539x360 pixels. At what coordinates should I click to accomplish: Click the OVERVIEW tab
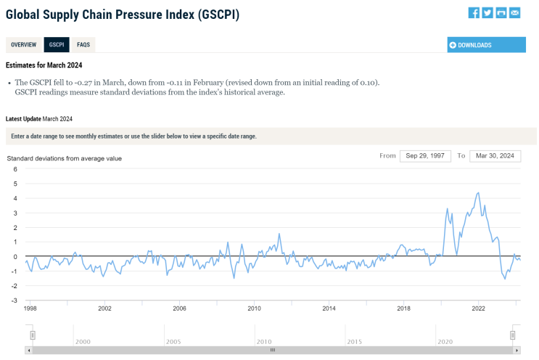click(x=23, y=45)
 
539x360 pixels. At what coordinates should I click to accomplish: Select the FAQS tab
click(x=83, y=45)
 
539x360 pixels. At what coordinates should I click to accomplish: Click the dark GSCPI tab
click(x=57, y=45)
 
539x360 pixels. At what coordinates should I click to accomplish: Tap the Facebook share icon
click(x=474, y=13)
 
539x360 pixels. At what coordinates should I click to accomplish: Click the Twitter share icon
click(x=487, y=13)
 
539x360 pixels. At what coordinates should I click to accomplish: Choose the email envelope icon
click(x=515, y=13)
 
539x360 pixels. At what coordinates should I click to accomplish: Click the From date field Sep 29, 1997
click(x=425, y=156)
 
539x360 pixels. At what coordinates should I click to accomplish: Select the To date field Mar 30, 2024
click(x=495, y=156)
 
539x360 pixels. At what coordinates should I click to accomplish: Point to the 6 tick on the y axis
click(x=15, y=169)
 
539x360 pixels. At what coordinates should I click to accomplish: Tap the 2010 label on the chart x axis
click(x=254, y=308)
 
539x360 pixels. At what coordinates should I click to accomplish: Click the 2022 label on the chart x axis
click(x=479, y=308)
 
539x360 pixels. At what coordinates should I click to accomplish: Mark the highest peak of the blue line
click(x=477, y=193)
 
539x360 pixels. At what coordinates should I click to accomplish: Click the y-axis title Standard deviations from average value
click(x=65, y=158)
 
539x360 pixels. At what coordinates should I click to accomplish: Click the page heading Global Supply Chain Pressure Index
click(x=122, y=15)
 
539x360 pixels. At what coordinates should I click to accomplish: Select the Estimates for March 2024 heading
click(x=44, y=65)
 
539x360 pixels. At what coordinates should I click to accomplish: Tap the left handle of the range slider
click(x=33, y=335)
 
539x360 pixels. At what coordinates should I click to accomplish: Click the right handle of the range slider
click(x=513, y=335)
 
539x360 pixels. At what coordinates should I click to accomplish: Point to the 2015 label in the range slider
click(x=354, y=341)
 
